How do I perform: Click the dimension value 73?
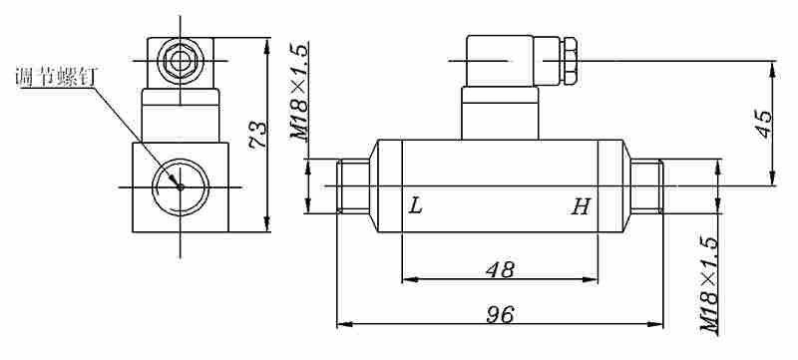point(258,135)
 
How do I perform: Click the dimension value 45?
point(763,124)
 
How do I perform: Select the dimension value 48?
point(500,270)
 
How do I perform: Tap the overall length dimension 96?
point(500,315)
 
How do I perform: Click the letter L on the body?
point(416,206)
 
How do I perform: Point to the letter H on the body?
point(581,206)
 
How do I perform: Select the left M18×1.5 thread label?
point(300,92)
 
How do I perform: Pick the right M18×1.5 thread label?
point(710,285)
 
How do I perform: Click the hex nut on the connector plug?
point(569,61)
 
